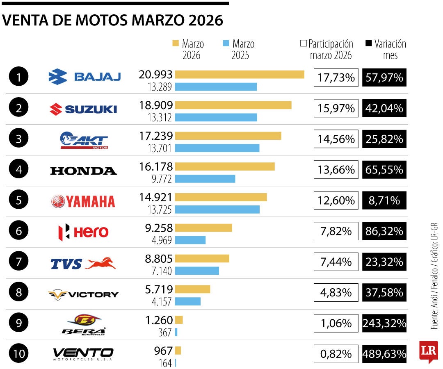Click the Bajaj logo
pos(84,77)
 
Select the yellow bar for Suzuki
pos(233,105)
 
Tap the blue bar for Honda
pos(205,179)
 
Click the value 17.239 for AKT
pos(156,136)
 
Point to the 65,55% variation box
pos(384,169)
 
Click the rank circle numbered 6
pos(18,231)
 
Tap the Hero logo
pos(83,232)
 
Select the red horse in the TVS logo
pos(100,263)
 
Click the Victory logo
pos(83,294)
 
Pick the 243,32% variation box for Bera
pos(384,323)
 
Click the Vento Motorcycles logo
pos(83,353)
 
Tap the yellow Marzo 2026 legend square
pos(176,43)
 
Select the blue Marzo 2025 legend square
pos(225,43)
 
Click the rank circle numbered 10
pos(18,354)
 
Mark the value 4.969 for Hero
pos(162,240)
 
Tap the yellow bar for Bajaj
pos(240,74)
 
